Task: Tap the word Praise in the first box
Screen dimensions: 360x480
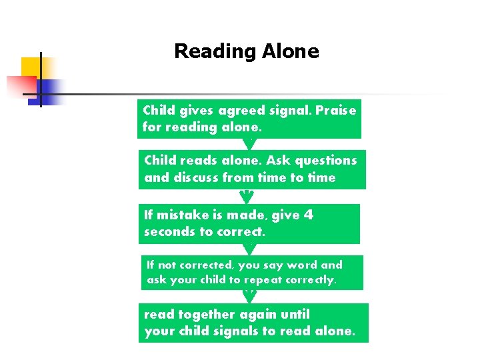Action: pos(336,110)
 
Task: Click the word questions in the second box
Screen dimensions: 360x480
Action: pos(326,160)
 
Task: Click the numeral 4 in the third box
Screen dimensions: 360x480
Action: pos(308,215)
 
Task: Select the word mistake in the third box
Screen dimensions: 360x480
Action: pos(189,215)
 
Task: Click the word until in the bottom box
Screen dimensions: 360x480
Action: pos(295,314)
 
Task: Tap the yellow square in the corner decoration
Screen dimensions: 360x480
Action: pos(31,68)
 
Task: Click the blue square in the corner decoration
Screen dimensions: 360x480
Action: pos(52,90)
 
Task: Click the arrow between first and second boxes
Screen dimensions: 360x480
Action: pos(249,143)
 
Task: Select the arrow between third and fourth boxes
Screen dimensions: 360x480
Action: pos(249,249)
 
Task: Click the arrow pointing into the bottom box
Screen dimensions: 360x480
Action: pos(249,297)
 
